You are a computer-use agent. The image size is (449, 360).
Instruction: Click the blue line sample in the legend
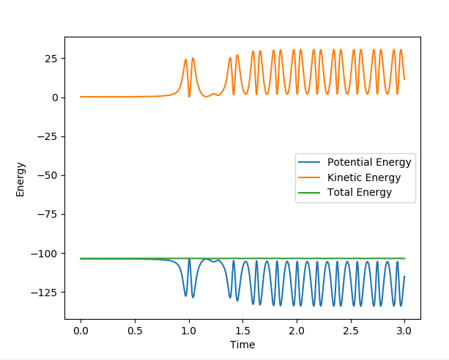310,162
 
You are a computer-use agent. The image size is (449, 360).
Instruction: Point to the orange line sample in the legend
310,177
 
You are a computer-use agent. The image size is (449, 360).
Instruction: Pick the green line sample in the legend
310,193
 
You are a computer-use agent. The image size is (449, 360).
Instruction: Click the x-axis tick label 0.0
81,331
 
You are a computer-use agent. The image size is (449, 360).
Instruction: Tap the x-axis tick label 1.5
242,331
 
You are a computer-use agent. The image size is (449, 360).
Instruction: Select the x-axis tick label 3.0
404,331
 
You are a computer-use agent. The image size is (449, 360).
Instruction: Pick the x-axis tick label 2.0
297,331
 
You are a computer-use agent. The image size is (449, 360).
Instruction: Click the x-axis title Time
242,345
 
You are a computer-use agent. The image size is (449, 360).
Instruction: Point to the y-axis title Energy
21,179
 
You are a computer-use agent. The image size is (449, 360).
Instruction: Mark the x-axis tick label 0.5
135,331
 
